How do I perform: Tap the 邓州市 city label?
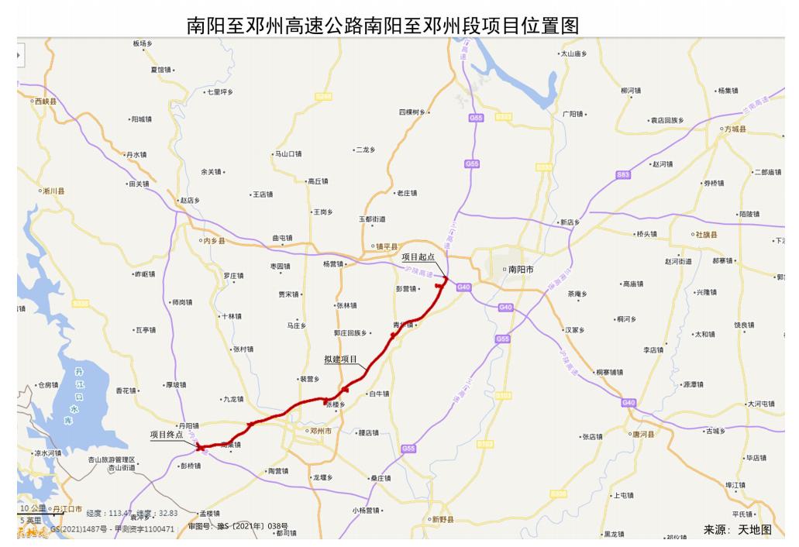click(320, 431)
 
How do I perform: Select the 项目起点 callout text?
click(418, 256)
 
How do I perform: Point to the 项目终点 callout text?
click(167, 435)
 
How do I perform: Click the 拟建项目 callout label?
click(341, 360)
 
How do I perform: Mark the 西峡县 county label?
click(46, 101)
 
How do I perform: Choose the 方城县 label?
click(733, 129)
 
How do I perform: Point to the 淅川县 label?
click(53, 191)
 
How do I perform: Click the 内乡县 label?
click(212, 241)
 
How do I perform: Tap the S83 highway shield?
click(623, 176)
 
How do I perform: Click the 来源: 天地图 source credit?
click(737, 529)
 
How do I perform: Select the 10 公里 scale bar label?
click(34, 507)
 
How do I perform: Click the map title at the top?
click(383, 26)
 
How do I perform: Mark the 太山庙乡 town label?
click(574, 54)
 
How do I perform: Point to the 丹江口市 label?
click(67, 508)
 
